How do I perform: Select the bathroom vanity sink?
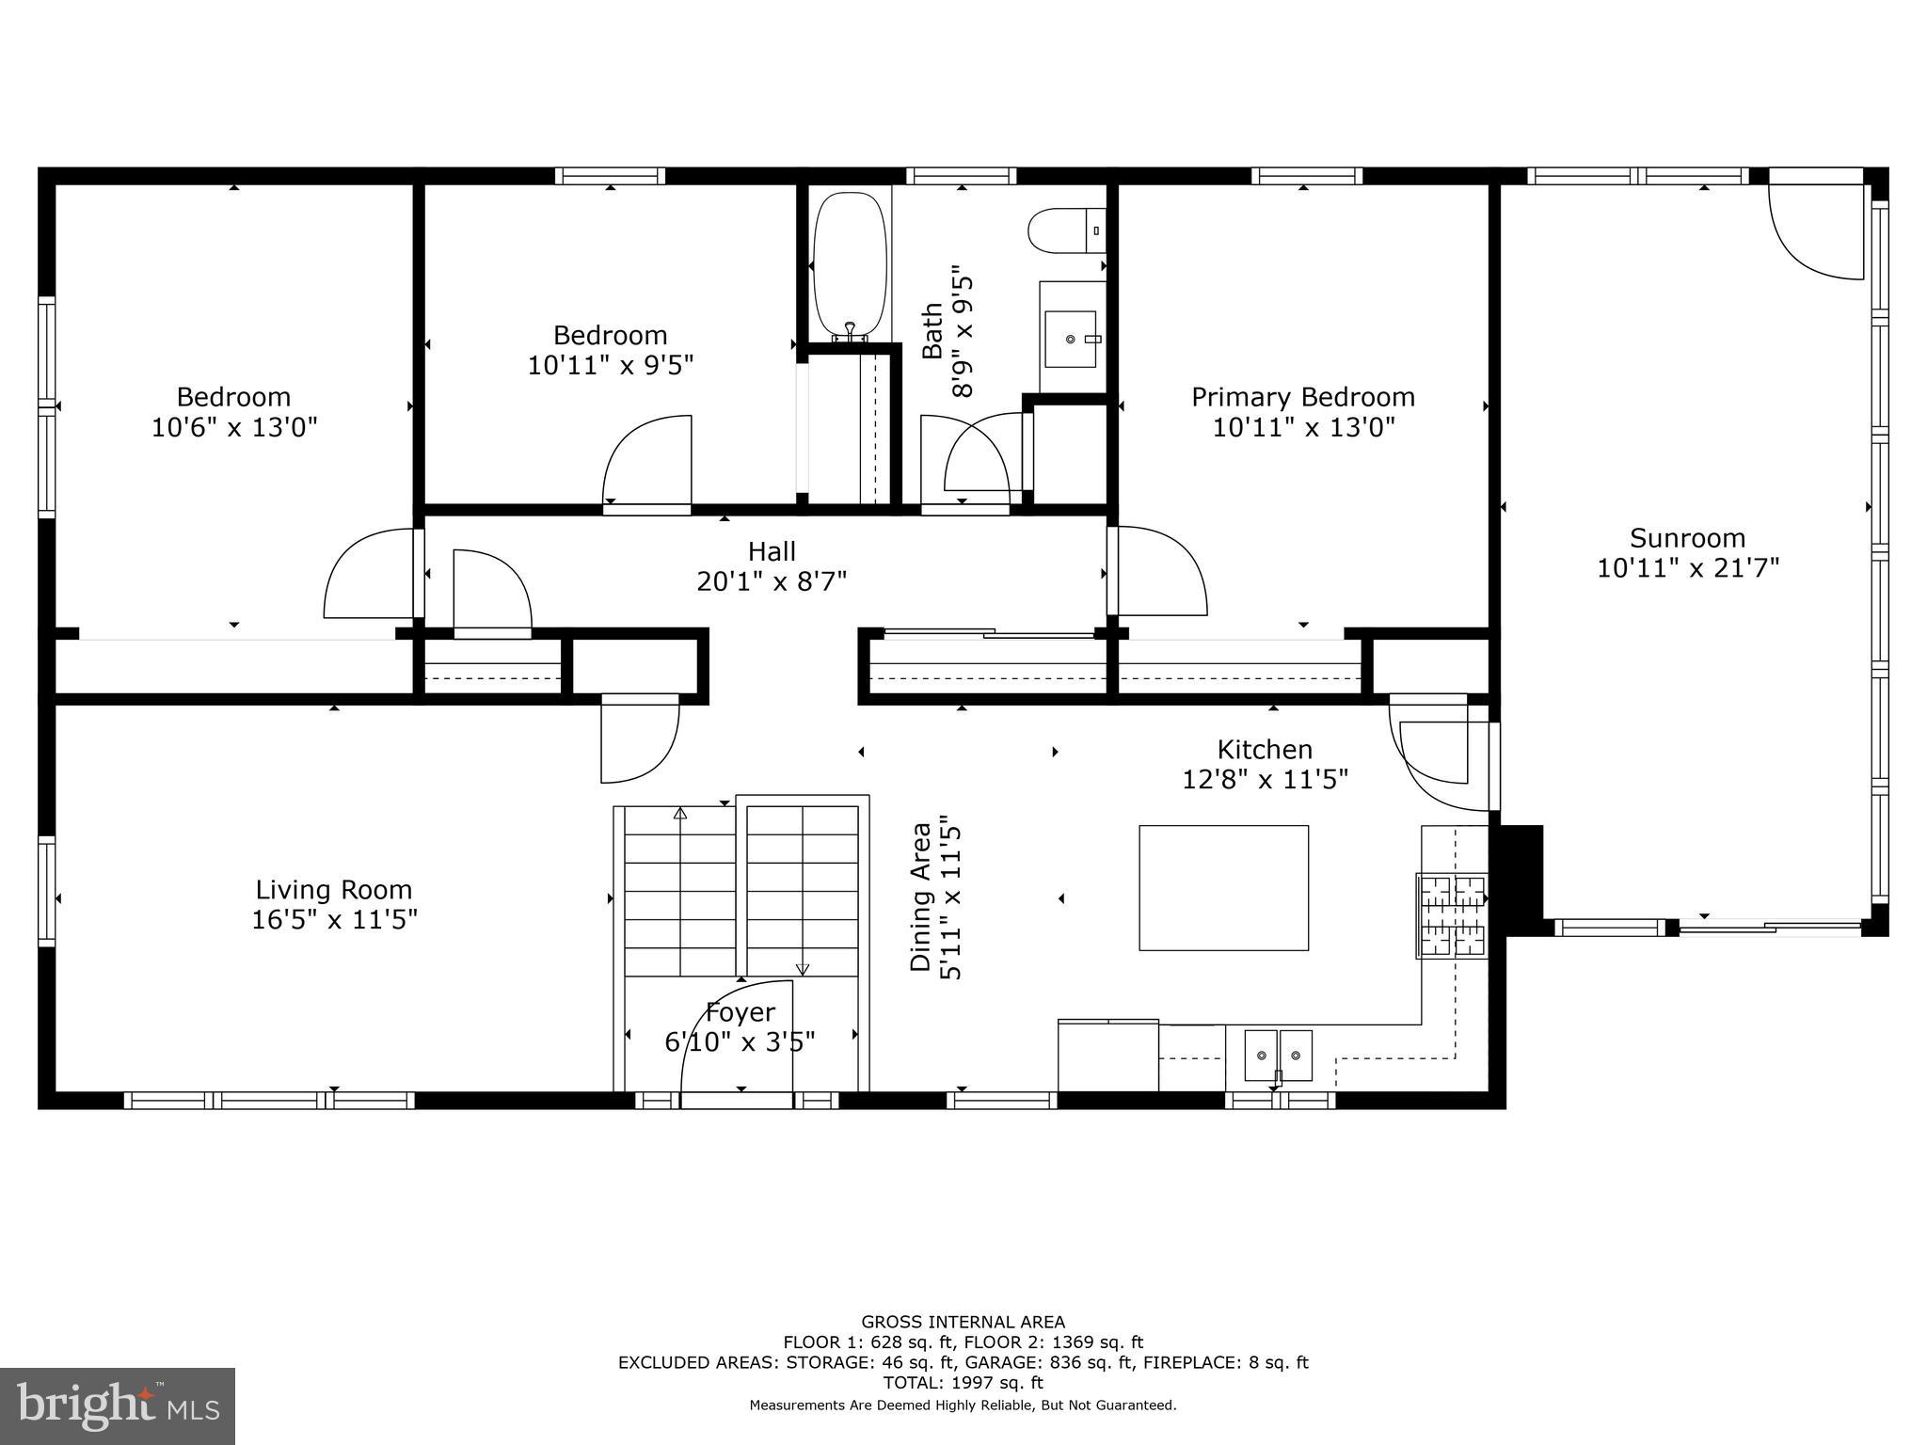click(x=1071, y=339)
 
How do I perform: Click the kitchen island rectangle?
click(x=1223, y=888)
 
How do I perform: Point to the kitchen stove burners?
click(x=1453, y=916)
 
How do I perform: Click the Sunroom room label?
click(x=1687, y=538)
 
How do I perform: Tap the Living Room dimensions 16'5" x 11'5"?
click(x=334, y=920)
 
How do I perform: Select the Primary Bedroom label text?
click(x=1303, y=397)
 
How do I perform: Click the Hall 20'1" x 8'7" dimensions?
click(x=772, y=581)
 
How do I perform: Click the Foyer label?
click(x=741, y=1012)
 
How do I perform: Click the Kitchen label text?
click(x=1265, y=749)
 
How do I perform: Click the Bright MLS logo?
click(x=117, y=1406)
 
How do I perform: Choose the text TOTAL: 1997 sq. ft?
click(x=963, y=1383)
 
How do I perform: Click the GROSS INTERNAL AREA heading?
click(x=963, y=1322)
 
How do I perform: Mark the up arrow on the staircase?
click(x=680, y=814)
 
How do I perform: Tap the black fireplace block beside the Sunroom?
click(x=1518, y=875)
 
